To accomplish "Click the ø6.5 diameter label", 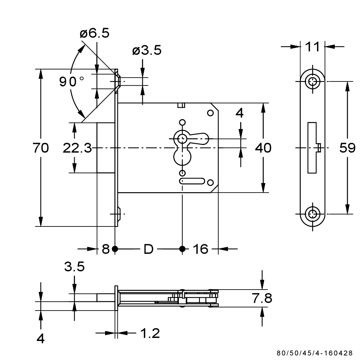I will [x=94, y=33].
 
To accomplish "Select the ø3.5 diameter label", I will [x=147, y=50].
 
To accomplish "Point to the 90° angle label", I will [x=72, y=81].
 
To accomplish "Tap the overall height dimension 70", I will [x=41, y=148].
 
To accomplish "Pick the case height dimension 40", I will [x=263, y=148].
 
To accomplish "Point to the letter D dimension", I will [x=148, y=249].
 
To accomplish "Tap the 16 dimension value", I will [x=200, y=249].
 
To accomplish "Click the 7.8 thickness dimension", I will [x=263, y=299].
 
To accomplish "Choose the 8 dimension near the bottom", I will [x=106, y=249].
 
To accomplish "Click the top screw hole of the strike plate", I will [x=313, y=81].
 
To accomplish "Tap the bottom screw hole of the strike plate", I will [x=313, y=214].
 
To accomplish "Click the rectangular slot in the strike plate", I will [x=312, y=148].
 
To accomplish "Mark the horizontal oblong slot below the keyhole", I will [x=192, y=181].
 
